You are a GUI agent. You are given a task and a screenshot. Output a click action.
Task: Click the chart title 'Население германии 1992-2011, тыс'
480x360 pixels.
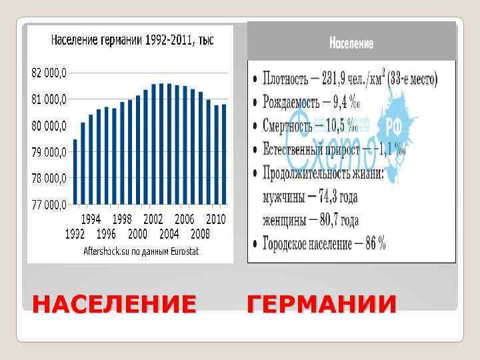(x=133, y=40)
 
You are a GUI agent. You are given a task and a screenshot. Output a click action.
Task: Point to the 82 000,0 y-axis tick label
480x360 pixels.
(x=49, y=73)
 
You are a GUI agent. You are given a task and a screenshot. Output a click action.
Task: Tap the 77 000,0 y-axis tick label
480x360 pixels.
(x=49, y=204)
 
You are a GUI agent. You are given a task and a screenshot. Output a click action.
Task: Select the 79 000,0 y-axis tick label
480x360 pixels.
(x=49, y=151)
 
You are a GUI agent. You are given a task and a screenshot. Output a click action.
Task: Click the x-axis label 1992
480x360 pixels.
(x=75, y=234)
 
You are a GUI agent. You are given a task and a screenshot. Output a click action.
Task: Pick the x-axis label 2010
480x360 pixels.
(x=216, y=219)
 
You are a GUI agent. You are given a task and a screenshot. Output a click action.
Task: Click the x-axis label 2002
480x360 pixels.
(x=153, y=219)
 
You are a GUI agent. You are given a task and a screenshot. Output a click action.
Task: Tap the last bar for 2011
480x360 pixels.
(x=224, y=154)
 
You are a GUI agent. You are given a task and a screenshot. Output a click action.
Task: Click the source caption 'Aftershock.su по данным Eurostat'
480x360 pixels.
(x=141, y=251)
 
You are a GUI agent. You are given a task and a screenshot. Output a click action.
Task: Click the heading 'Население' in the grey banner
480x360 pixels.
(x=351, y=45)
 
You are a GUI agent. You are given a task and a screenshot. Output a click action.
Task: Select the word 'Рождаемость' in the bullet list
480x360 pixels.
(x=294, y=103)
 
